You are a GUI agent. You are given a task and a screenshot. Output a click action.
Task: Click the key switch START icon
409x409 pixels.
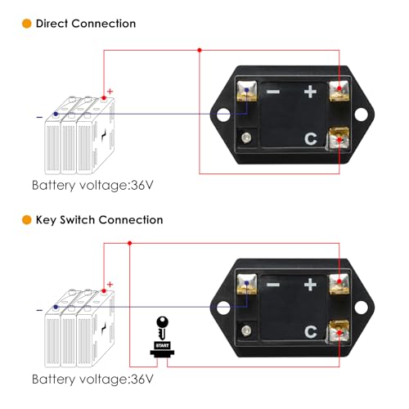pyautogui.click(x=162, y=337)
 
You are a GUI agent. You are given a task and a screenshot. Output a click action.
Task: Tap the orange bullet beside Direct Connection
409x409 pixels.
pyautogui.click(x=27, y=24)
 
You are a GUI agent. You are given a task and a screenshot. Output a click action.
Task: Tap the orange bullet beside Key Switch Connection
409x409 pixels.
pyautogui.click(x=27, y=220)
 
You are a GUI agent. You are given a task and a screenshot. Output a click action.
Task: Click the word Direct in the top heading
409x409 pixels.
pyautogui.click(x=52, y=24)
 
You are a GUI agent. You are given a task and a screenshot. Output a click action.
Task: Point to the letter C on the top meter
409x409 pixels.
pyautogui.click(x=311, y=138)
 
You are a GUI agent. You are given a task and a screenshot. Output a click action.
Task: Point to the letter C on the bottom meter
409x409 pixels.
pyautogui.click(x=311, y=331)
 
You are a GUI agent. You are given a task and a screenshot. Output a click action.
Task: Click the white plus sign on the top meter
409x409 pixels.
pyautogui.click(x=310, y=92)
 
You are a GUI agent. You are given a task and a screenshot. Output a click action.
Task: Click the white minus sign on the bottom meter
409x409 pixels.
pyautogui.click(x=273, y=285)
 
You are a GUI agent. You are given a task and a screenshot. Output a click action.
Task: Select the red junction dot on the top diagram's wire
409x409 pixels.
pyautogui.click(x=200, y=50)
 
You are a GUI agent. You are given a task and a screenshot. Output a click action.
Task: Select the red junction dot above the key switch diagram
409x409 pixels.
pyautogui.click(x=130, y=243)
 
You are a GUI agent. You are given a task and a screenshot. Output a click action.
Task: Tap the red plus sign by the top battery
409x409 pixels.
pyautogui.click(x=110, y=92)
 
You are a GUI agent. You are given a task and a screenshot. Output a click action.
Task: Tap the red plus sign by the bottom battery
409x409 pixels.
pyautogui.click(x=110, y=285)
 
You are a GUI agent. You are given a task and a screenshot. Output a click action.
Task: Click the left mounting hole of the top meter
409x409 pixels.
pyautogui.click(x=223, y=115)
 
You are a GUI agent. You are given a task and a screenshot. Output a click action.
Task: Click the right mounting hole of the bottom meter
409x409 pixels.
pyautogui.click(x=361, y=308)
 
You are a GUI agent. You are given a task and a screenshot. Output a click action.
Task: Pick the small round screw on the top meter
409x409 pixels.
pyautogui.click(x=246, y=137)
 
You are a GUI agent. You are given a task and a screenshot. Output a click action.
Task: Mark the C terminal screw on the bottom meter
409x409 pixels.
pyautogui.click(x=339, y=331)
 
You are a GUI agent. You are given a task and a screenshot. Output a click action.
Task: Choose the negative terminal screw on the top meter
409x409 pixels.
pyautogui.click(x=247, y=91)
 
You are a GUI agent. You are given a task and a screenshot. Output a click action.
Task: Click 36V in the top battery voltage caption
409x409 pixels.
pyautogui.click(x=142, y=186)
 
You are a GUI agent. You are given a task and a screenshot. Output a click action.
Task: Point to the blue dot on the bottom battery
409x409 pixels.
pyautogui.click(x=56, y=307)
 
